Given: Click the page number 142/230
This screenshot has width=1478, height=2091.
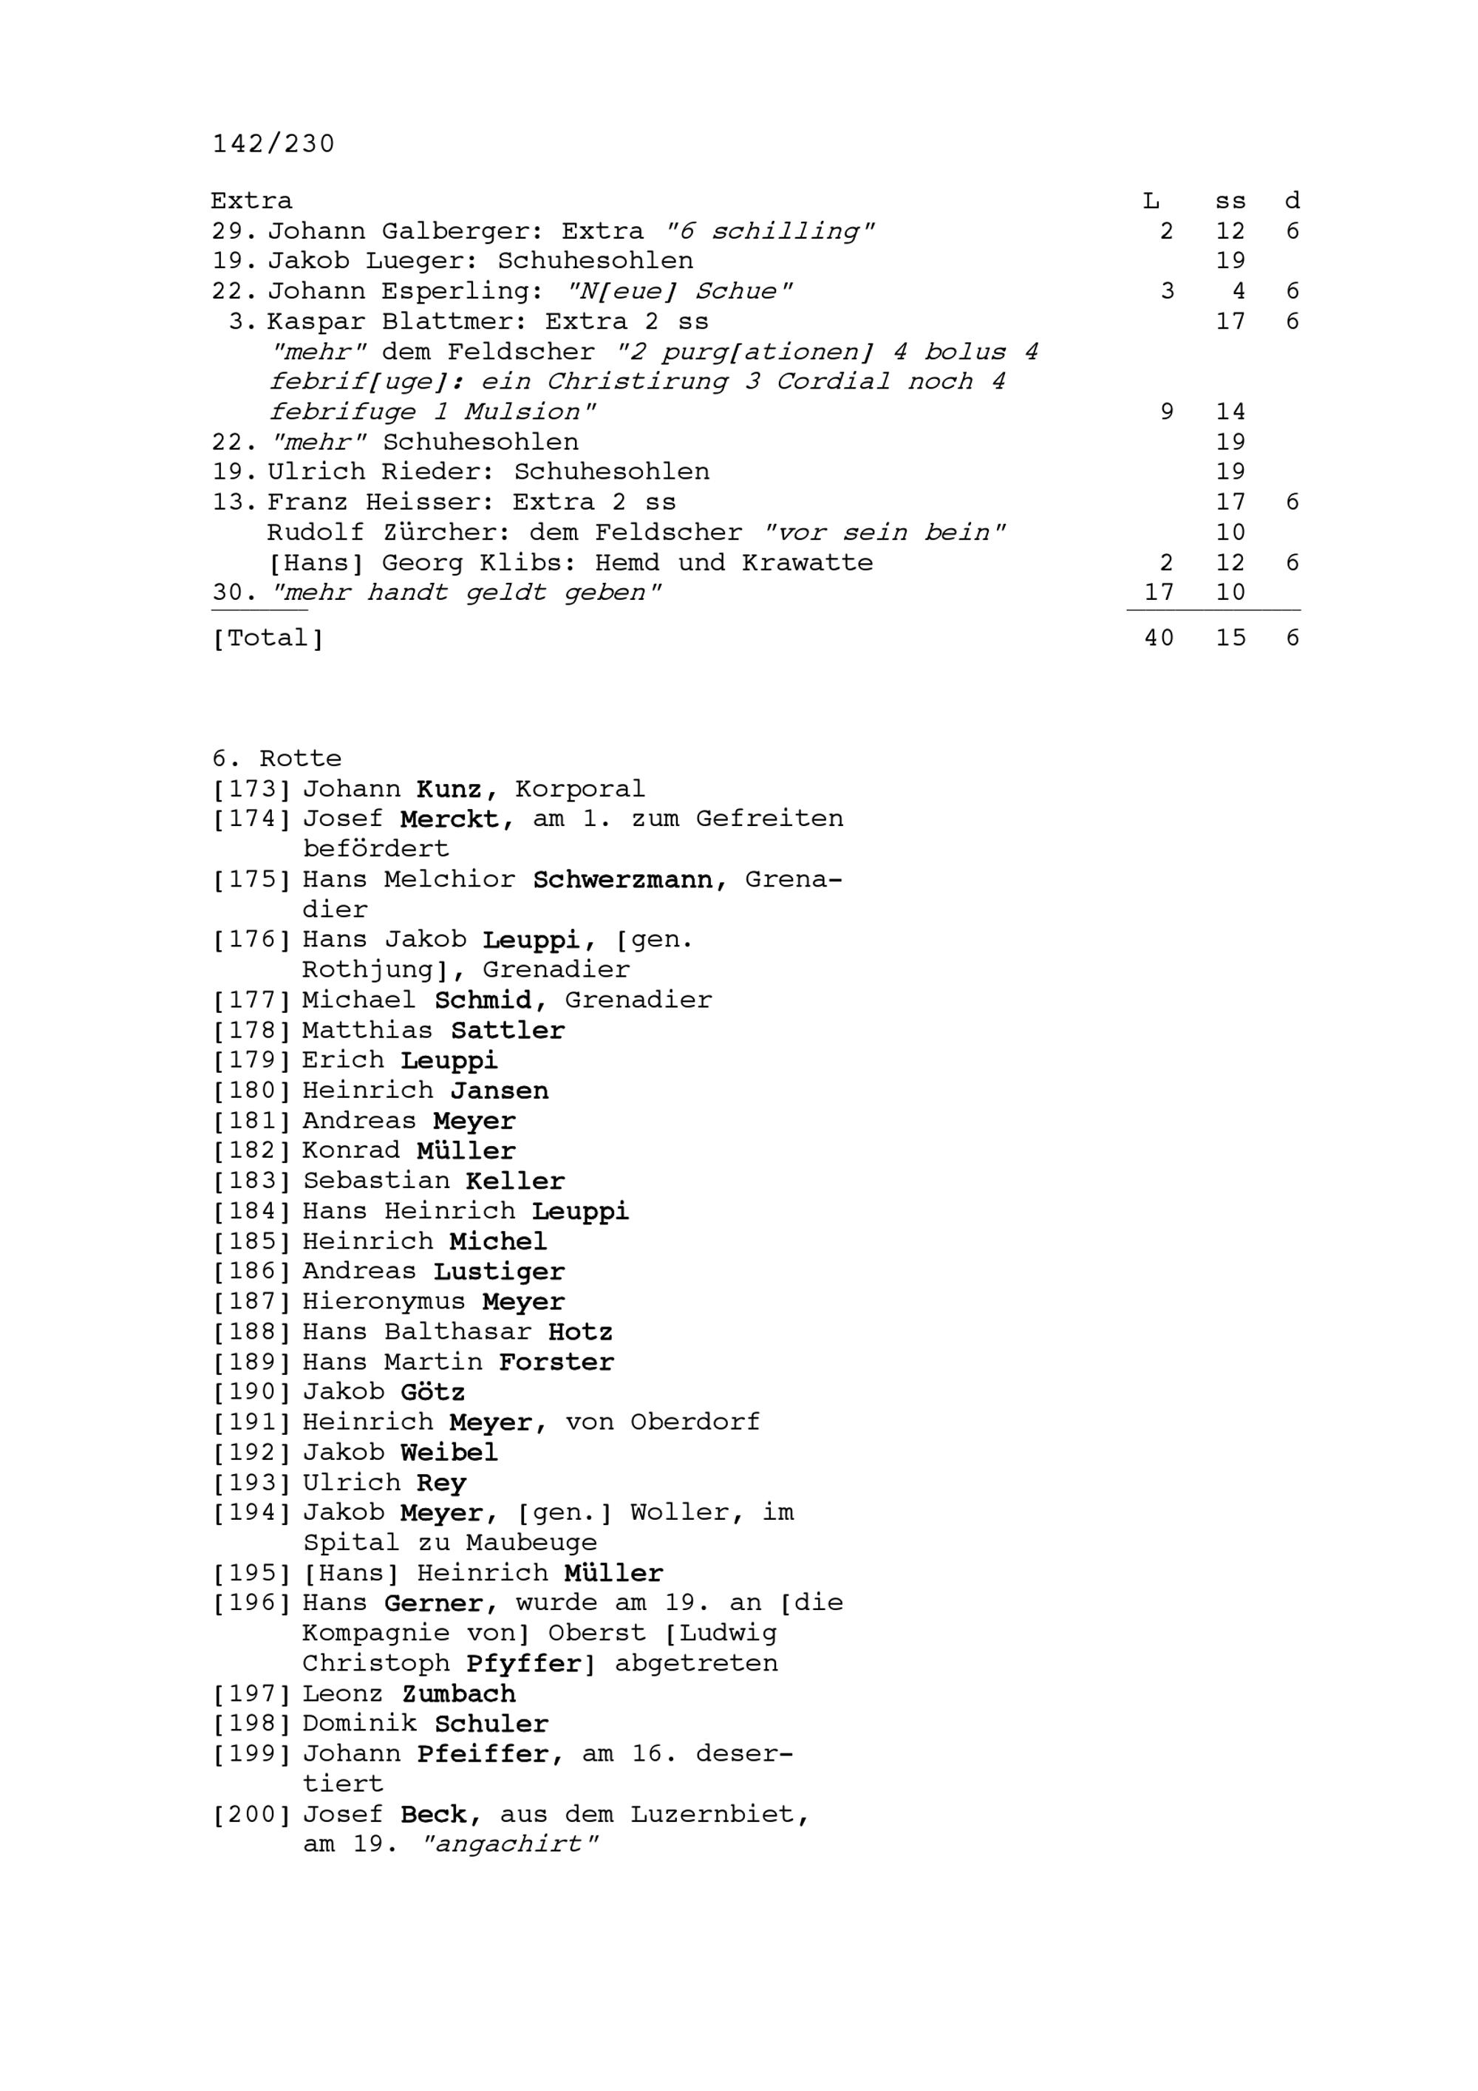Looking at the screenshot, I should [273, 144].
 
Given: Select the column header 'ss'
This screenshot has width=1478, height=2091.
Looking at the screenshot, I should [1230, 201].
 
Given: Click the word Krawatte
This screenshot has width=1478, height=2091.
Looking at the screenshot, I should [807, 563].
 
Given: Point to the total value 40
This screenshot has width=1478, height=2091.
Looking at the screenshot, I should [1158, 638].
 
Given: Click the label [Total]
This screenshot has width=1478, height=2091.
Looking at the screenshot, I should [267, 638].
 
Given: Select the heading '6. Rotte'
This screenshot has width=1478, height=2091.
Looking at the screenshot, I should [277, 759].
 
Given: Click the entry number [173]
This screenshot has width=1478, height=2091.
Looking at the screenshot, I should [251, 788].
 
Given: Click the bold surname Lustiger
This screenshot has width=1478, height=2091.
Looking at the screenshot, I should [499, 1272].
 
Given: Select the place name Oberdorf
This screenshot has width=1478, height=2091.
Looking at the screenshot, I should [695, 1422].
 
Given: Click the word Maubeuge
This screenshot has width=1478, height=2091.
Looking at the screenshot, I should [532, 1543].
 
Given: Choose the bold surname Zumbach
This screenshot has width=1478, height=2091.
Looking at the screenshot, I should [458, 1694].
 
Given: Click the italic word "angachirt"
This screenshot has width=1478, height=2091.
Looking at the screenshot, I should [511, 1844].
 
